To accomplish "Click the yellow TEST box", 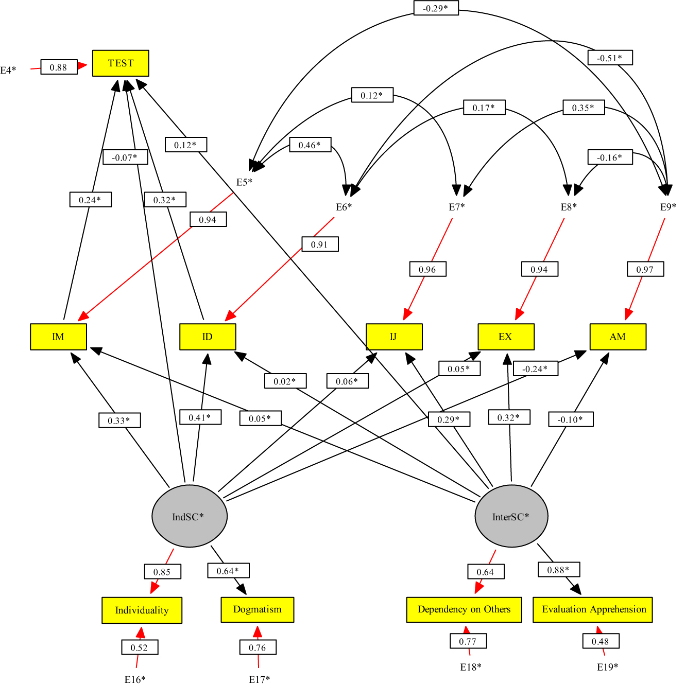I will pos(121,63).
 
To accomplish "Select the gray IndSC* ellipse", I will pos(189,516).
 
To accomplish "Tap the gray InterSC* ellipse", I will pos(511,516).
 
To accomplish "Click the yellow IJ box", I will pos(394,337).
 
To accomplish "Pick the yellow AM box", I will pos(618,337).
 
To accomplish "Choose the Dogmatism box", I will pos(258,609).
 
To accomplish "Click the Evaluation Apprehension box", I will pos(593,609).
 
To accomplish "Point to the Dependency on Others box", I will pos(464,609).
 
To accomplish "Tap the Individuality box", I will pos(142,610).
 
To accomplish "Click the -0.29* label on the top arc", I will pos(436,8).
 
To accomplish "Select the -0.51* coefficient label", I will pos(610,58).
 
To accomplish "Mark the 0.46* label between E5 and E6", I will pos(310,145).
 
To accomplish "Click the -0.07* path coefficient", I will pos(125,157).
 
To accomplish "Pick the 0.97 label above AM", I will pos(645,269).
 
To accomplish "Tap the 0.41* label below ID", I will pos(200,417).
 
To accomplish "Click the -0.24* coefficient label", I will pos(535,369).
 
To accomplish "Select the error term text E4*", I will pos(8,70).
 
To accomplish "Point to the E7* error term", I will pos(457,207).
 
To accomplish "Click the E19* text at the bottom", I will pos(608,667).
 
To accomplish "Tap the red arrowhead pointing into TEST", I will pos(82,66).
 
